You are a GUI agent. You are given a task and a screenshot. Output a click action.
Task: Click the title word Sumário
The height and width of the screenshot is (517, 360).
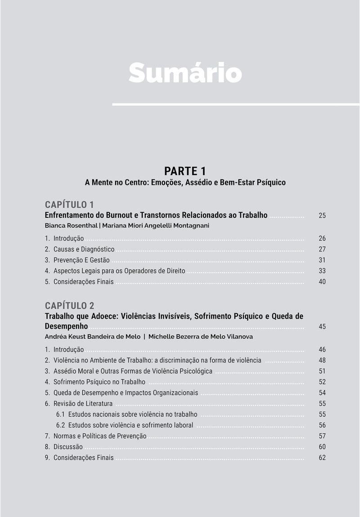185,72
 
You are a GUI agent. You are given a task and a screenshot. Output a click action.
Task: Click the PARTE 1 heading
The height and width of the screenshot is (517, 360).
185,171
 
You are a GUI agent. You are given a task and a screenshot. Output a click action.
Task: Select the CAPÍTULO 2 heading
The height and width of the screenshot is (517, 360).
69,306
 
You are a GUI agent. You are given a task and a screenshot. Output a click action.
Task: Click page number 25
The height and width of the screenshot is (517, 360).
322,216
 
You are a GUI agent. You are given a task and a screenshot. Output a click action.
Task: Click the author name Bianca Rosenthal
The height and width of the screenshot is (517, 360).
71,225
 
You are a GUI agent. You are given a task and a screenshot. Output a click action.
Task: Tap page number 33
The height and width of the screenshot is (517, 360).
322,271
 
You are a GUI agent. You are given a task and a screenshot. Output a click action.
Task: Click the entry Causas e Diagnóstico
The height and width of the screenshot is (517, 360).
84,249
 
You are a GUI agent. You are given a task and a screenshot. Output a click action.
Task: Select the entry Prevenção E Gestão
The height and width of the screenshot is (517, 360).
81,260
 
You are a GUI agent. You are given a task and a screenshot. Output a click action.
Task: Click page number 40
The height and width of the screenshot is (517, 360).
322,282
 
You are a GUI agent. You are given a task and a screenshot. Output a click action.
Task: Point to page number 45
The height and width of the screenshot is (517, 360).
322,327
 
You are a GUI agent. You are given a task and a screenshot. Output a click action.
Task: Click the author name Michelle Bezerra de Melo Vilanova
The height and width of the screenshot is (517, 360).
200,337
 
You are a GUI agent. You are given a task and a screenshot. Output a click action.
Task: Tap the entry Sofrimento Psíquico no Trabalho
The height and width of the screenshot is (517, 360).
99,382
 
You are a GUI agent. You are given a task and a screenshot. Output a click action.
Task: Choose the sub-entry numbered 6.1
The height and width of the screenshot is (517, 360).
126,414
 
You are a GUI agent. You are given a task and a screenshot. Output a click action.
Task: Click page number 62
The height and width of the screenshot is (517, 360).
322,458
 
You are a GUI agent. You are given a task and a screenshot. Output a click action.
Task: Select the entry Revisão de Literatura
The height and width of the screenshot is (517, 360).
83,404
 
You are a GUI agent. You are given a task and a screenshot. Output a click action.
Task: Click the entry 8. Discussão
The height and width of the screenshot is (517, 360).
68,447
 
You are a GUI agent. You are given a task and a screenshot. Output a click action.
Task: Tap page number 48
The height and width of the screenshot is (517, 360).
322,360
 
